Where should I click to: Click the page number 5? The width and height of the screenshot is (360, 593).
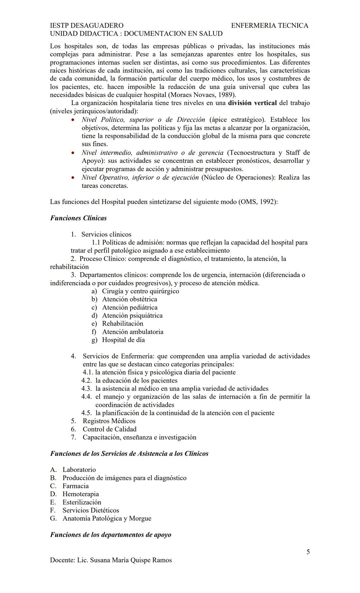coord(308,552)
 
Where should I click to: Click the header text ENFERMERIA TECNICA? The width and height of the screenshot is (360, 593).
coord(269,25)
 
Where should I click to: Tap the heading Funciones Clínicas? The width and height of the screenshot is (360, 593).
coord(78,218)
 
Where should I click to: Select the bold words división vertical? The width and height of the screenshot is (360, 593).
coord(252,103)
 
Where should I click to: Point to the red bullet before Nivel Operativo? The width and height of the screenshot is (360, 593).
coord(73,178)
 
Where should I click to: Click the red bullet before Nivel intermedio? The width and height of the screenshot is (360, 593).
coord(73,153)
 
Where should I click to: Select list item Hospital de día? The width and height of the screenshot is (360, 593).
coord(123,340)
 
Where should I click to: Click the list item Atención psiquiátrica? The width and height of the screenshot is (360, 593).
coord(132,316)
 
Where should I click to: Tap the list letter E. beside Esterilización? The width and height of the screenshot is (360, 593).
coord(53,502)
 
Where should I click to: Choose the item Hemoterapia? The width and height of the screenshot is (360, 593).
coord(81,494)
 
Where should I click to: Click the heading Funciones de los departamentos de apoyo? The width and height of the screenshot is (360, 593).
coord(111,535)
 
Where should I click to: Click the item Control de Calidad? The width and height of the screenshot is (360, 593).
coord(109,429)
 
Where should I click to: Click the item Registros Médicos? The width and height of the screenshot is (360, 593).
coord(109,421)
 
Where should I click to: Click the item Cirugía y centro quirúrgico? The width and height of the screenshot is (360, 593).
coord(140,291)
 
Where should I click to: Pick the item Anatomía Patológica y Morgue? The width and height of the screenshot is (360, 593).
coord(107,518)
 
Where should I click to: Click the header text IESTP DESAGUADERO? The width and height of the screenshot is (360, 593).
coord(87,25)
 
